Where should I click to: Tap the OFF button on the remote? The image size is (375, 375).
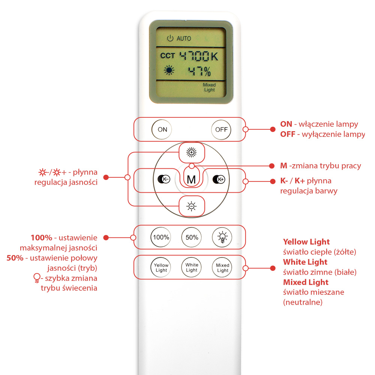click(x=221, y=130)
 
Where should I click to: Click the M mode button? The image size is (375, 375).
click(x=191, y=179)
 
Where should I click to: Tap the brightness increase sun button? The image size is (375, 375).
click(x=192, y=152)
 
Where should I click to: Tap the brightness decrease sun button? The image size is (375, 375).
click(x=192, y=206)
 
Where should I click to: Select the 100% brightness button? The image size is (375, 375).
click(x=161, y=237)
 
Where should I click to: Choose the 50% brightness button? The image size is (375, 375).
click(x=192, y=237)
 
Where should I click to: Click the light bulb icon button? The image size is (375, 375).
click(x=222, y=237)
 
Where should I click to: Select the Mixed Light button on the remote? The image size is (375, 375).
click(x=222, y=268)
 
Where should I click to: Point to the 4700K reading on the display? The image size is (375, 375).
click(x=199, y=57)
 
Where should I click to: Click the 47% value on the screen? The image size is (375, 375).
click(x=199, y=71)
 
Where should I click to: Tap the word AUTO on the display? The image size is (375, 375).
click(x=184, y=39)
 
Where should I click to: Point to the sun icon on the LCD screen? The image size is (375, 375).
click(x=169, y=70)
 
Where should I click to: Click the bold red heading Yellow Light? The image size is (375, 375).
click(x=306, y=242)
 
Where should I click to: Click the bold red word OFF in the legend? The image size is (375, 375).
click(x=288, y=134)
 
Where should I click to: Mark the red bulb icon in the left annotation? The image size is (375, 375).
click(x=37, y=278)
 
